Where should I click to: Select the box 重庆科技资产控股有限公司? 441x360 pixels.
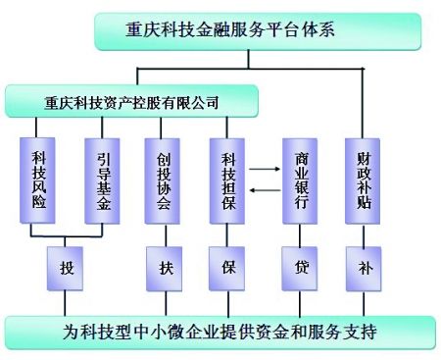coord(131,101)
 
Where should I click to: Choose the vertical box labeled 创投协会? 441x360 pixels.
coord(164,181)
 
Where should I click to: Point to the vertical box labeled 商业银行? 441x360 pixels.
coord(301,181)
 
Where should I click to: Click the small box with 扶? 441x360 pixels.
coord(164,266)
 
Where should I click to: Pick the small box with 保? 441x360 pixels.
coord(226,266)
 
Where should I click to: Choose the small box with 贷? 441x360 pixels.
coord(301,266)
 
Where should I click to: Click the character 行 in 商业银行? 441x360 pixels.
coord(301,206)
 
